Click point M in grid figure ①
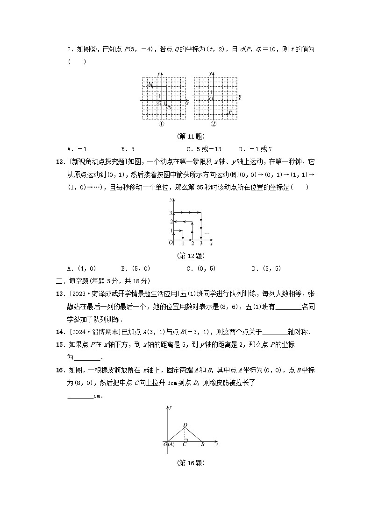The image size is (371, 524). coord(152,86)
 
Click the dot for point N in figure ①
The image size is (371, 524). coord(166,105)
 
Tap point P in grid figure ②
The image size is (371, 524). coord(227,114)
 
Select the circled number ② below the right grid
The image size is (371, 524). coord(214,124)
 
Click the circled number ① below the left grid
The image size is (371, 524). coord(161,124)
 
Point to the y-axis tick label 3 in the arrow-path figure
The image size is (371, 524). coord(171,213)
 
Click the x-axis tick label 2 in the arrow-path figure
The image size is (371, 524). coord(192,244)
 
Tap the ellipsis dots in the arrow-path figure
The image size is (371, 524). coord(207,233)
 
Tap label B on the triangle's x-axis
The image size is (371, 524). coord(202,445)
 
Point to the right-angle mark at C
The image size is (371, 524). coord(186,439)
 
